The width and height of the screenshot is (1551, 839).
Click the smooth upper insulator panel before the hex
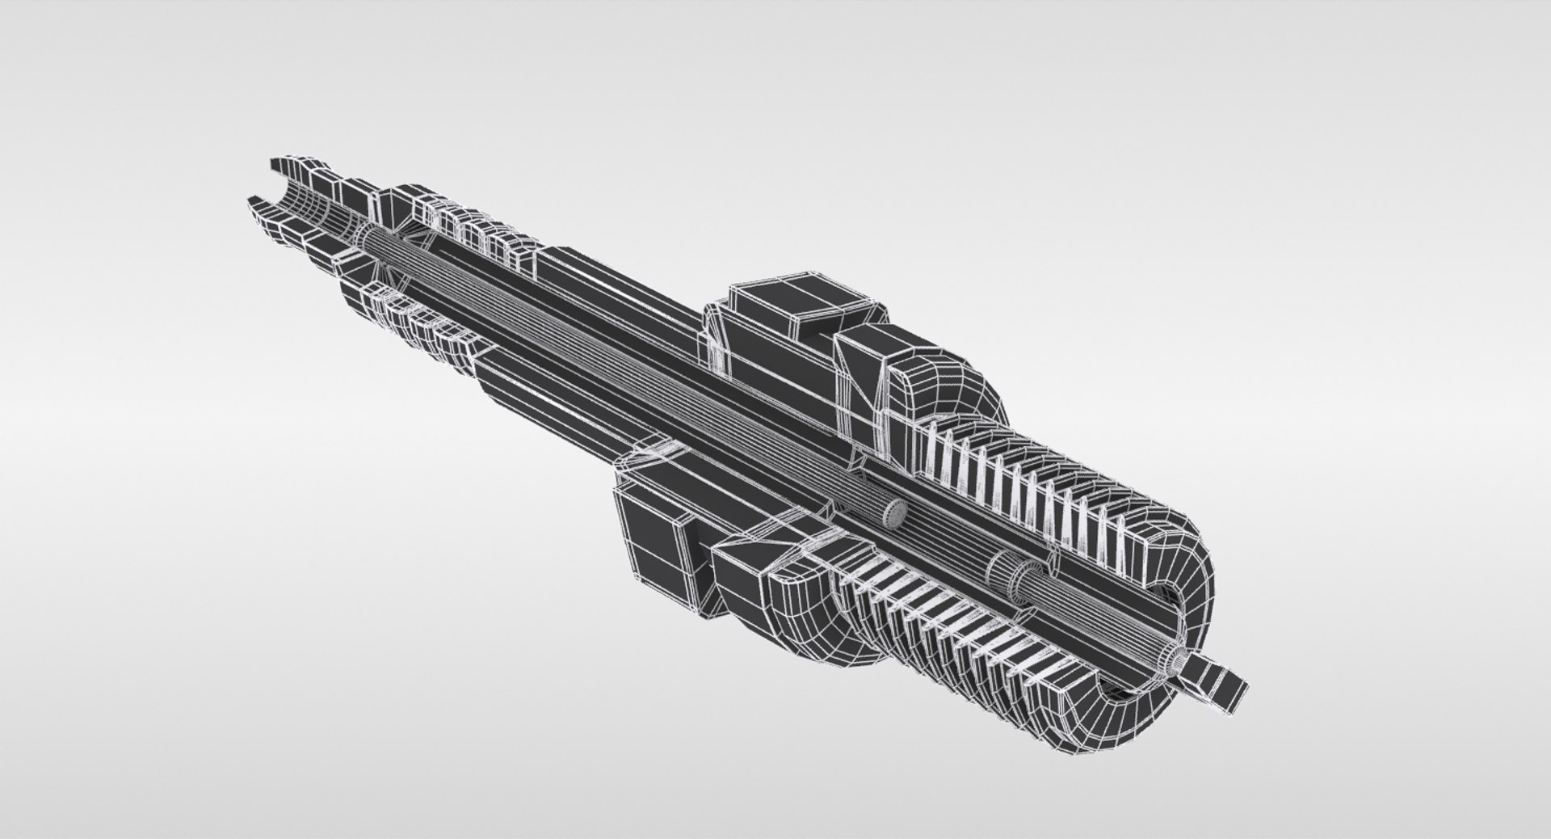[x=614, y=283]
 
